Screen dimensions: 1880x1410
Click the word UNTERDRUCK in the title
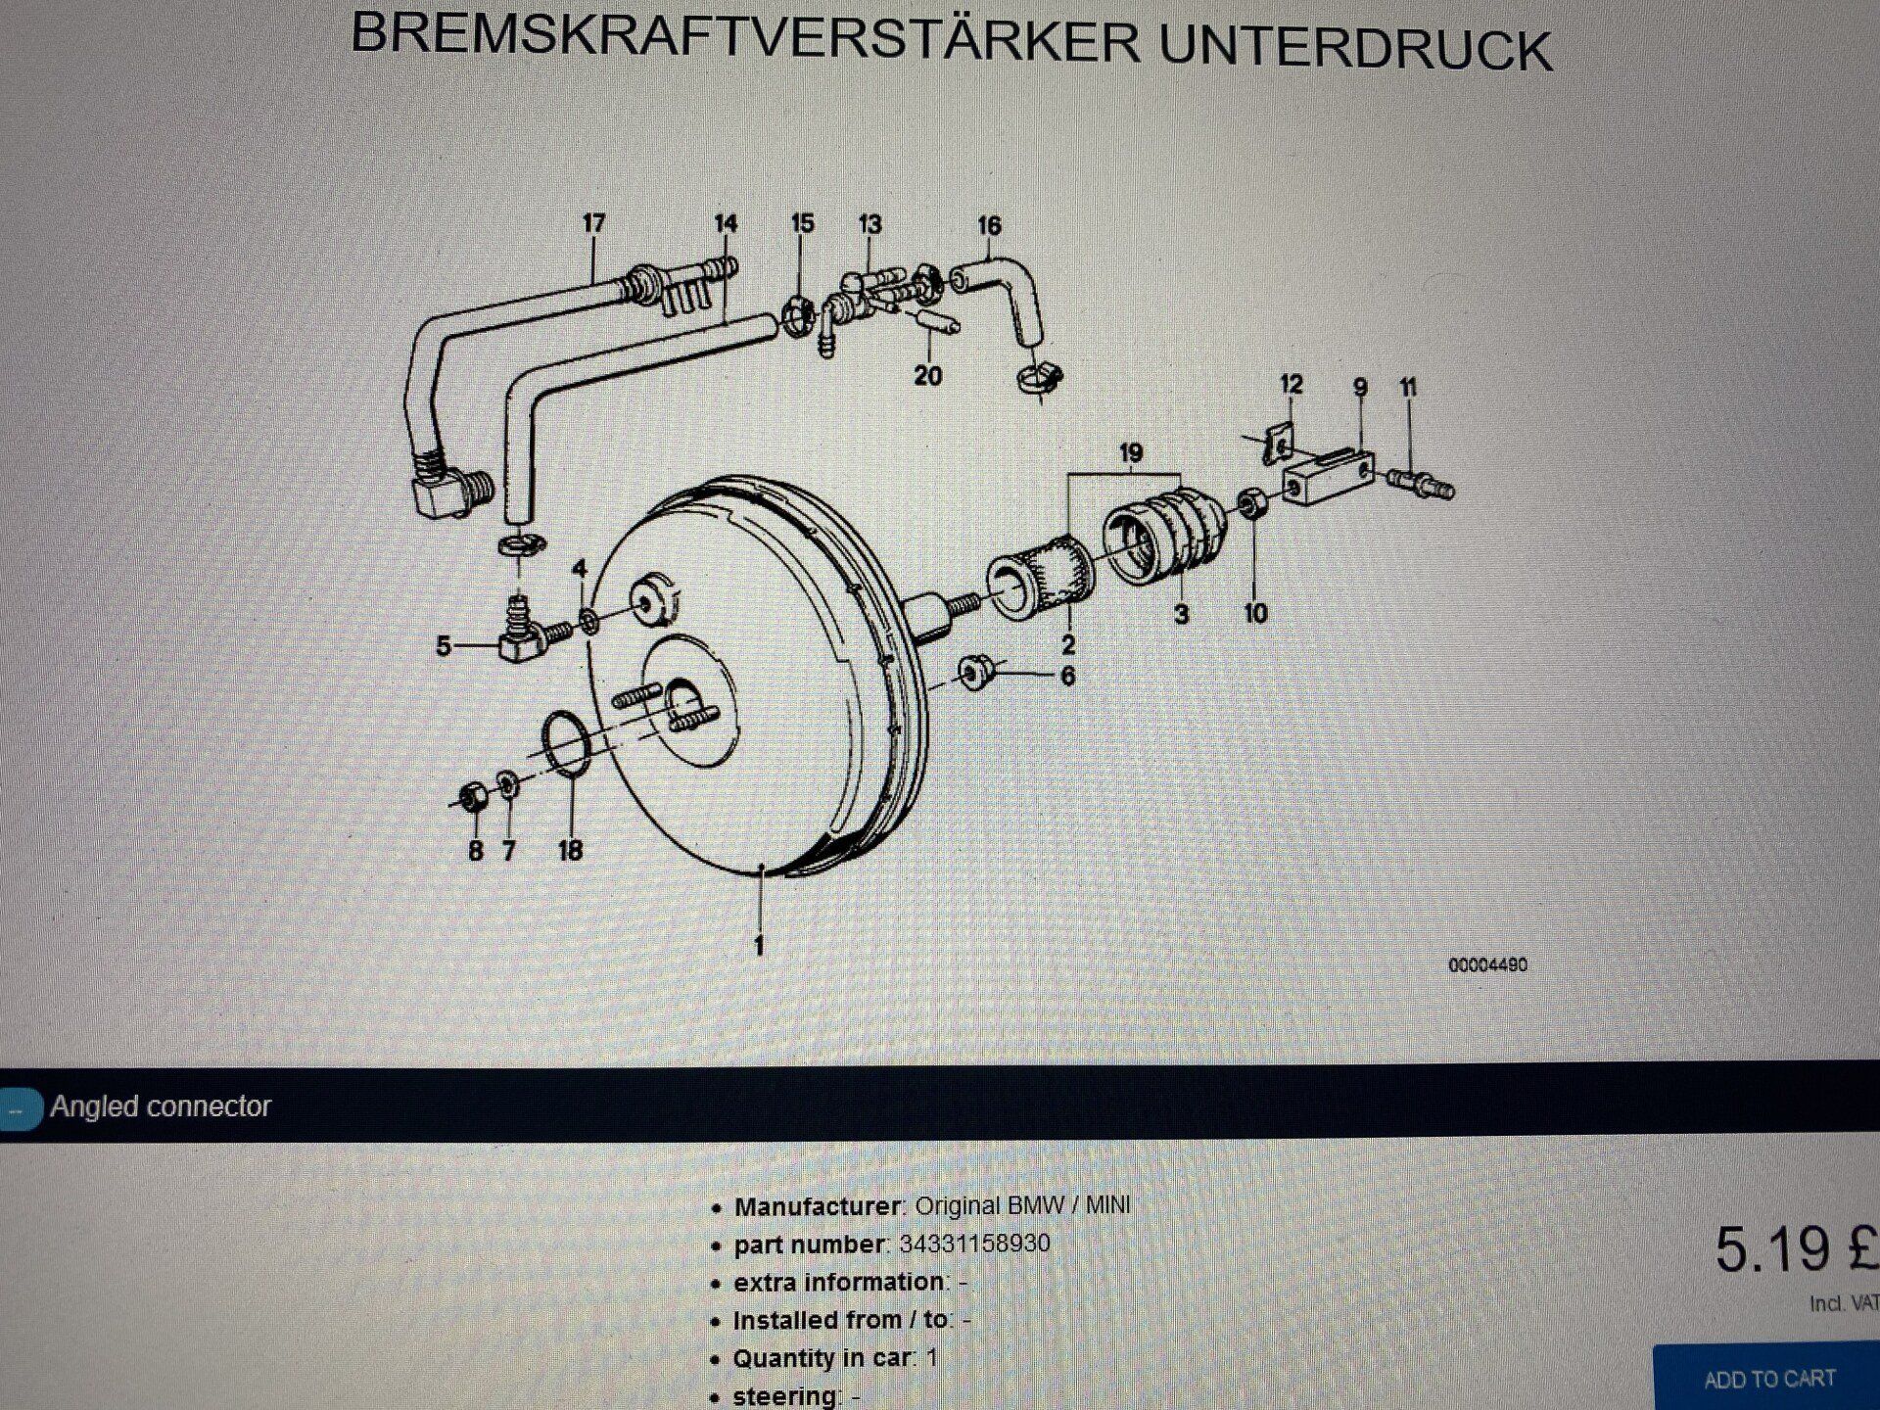click(1355, 47)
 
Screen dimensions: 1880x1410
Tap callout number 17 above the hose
click(593, 223)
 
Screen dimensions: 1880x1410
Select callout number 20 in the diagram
click(927, 375)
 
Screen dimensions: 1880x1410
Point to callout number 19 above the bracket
click(1131, 452)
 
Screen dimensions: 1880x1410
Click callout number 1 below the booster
click(759, 945)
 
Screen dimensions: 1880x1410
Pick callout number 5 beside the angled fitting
click(444, 646)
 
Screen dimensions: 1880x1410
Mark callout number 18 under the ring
click(571, 850)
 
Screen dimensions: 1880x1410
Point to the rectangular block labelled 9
click(1328, 477)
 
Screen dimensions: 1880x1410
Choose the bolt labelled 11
click(1420, 482)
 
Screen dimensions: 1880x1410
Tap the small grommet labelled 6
click(975, 673)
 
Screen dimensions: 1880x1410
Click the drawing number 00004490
click(1487, 965)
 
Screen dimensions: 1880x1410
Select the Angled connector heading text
click(161, 1106)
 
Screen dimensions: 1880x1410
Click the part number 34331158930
click(974, 1244)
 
